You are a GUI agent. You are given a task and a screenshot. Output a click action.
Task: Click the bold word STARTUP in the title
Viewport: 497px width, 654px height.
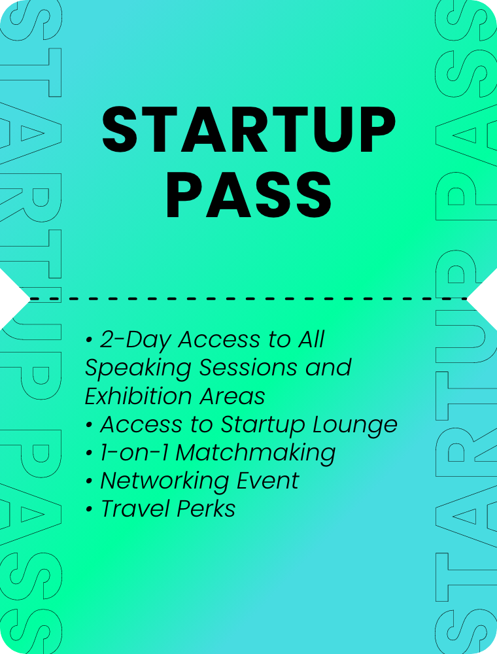point(248,129)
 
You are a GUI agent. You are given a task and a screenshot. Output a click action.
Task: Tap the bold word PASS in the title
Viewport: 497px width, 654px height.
point(248,195)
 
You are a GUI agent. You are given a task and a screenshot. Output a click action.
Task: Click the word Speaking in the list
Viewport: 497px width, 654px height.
point(138,368)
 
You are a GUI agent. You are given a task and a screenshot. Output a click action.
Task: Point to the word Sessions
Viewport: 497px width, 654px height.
point(248,368)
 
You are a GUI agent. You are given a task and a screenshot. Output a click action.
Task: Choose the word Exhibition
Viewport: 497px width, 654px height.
point(139,396)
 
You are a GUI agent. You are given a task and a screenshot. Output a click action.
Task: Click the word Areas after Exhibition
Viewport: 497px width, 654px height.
point(232,396)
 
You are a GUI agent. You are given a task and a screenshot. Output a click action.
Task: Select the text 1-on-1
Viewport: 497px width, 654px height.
point(134,453)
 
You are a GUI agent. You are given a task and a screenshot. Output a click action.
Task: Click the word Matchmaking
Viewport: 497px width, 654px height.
point(256,453)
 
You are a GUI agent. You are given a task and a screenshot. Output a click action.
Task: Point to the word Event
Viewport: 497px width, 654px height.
point(267,481)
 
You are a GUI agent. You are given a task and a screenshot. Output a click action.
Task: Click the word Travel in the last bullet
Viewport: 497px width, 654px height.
point(135,509)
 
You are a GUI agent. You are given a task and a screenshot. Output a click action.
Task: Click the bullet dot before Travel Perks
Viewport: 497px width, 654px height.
point(88,509)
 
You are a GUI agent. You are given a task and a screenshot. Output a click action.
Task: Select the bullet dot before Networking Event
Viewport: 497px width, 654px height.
point(88,482)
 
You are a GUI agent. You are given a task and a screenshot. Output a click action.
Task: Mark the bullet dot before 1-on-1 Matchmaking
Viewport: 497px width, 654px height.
point(88,453)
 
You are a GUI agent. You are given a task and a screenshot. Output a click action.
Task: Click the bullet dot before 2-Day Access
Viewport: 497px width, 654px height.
point(88,340)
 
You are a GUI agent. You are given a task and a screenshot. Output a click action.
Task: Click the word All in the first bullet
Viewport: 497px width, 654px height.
point(311,339)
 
